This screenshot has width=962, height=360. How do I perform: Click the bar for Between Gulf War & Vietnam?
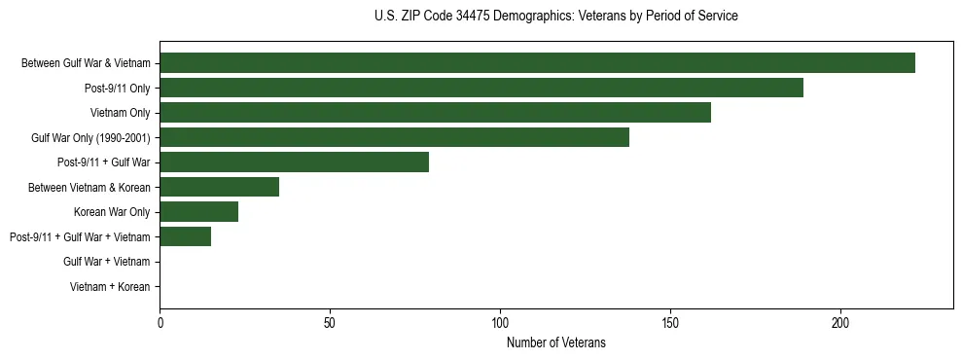click(x=537, y=63)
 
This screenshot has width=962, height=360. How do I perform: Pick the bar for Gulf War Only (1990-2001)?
click(x=394, y=137)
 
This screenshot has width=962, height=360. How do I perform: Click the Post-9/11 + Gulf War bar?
click(x=294, y=162)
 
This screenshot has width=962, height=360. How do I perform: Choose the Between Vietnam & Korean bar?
click(x=219, y=187)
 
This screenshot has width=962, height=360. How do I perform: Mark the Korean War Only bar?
click(x=198, y=212)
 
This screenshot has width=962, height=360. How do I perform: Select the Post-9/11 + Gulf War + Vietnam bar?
click(x=185, y=236)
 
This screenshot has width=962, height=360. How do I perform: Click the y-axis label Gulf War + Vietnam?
click(x=106, y=262)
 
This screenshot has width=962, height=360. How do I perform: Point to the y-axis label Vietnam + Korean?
click(x=110, y=287)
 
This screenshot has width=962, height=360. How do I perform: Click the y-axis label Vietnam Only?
click(x=120, y=113)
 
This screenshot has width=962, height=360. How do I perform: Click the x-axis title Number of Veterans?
click(x=555, y=342)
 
